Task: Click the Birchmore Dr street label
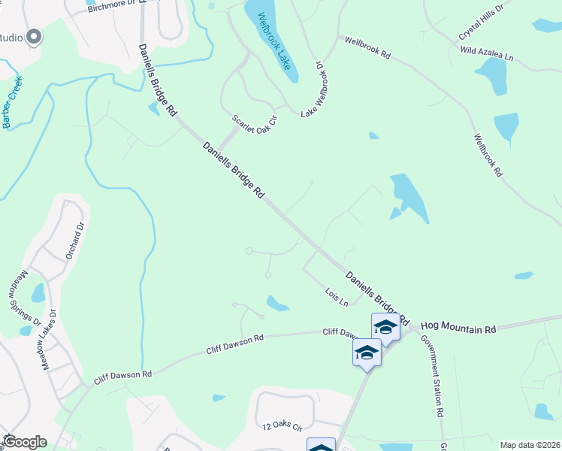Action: tap(112, 8)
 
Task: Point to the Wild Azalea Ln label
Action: tap(486, 53)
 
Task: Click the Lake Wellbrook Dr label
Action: tap(316, 89)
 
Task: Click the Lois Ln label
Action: tap(336, 297)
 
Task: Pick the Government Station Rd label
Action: tap(431, 376)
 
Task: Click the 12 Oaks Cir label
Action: tap(282, 426)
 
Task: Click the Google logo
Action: tap(24, 442)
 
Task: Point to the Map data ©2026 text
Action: tap(530, 445)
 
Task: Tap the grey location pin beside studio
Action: tap(32, 37)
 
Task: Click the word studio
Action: tap(11, 38)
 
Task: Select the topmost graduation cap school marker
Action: tap(385, 327)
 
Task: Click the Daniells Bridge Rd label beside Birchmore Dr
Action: tap(156, 80)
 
